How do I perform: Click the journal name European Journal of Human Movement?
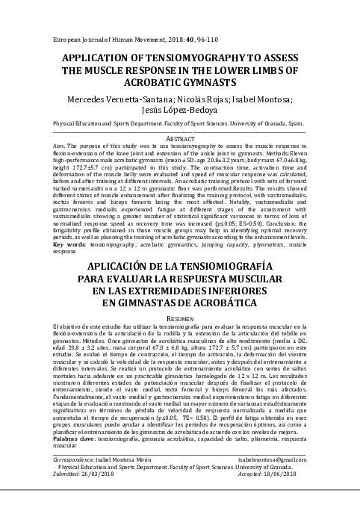[98, 37]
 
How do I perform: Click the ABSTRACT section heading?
[179, 138]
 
